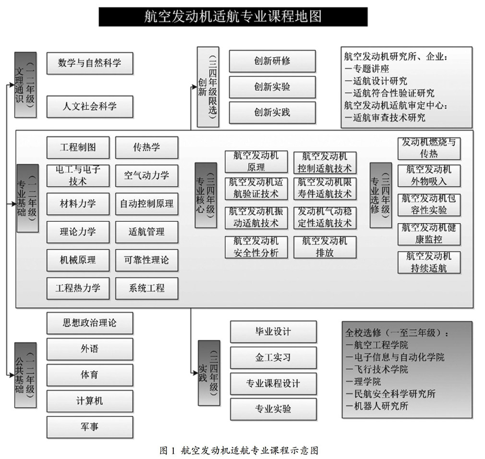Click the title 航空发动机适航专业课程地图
click(x=233, y=16)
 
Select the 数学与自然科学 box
click(x=89, y=63)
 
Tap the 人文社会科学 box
click(x=89, y=106)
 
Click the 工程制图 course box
click(x=78, y=147)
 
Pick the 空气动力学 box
click(x=146, y=176)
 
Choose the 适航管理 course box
click(x=146, y=232)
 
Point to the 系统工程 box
click(x=146, y=289)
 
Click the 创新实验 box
click(x=272, y=87)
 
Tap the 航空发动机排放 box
click(x=325, y=247)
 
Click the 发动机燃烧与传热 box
click(x=428, y=148)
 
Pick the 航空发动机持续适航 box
click(x=428, y=262)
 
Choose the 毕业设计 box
click(x=273, y=332)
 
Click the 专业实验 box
click(x=273, y=409)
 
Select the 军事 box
click(x=89, y=426)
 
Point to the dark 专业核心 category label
click(x=206, y=195)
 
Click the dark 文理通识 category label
click(x=25, y=78)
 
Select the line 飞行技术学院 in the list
click(x=377, y=370)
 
